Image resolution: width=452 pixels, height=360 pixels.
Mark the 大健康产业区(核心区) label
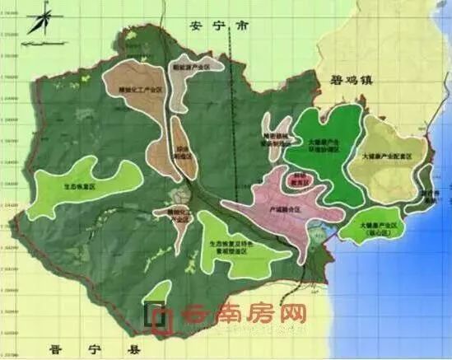380,227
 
